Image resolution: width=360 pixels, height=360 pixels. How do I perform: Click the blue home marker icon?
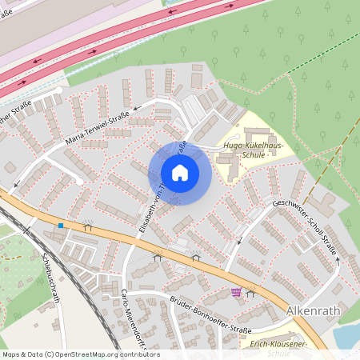tap(180, 173)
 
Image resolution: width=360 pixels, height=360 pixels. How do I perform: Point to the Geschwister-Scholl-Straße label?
tap(305, 227)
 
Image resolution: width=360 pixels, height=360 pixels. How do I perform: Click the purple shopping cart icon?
tap(236, 292)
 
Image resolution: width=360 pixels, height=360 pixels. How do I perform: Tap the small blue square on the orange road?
tap(61, 226)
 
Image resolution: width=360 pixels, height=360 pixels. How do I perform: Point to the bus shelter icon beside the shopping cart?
tap(250, 293)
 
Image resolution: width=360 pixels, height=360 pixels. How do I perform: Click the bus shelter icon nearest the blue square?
tap(87, 226)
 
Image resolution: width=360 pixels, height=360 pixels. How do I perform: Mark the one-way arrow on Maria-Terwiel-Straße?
tap(136, 106)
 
